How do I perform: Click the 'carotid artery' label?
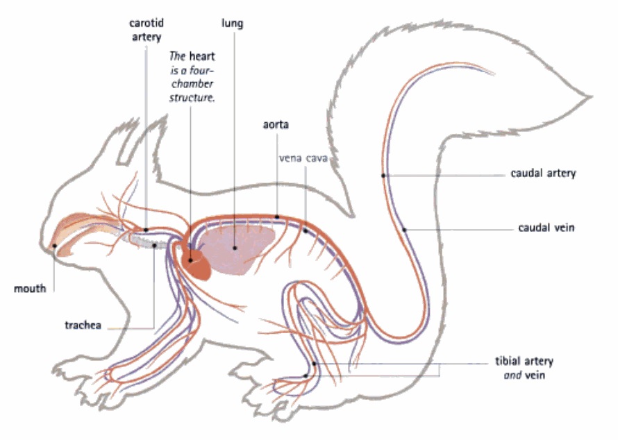(146, 30)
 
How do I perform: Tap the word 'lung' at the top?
(233, 24)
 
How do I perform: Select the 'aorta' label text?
(276, 125)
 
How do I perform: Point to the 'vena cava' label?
(303, 158)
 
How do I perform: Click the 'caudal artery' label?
(543, 174)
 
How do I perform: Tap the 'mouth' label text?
(30, 288)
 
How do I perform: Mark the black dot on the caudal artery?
(383, 176)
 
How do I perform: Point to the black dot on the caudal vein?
(404, 229)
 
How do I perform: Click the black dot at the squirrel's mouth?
(53, 245)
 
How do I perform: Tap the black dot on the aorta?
(276, 217)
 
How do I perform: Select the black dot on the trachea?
(154, 244)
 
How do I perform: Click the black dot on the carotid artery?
(146, 228)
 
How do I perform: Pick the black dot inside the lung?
(234, 246)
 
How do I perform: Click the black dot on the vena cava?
(305, 231)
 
